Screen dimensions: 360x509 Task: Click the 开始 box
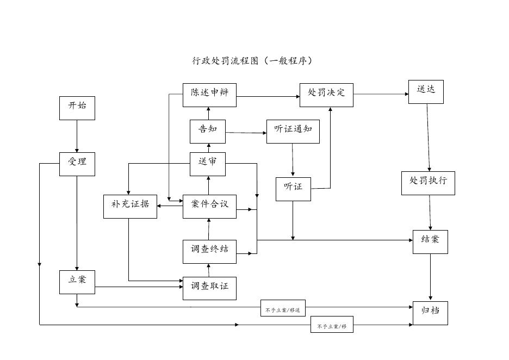click(x=77, y=108)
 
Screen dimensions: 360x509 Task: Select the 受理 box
click(x=77, y=164)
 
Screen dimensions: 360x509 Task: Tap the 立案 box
click(x=77, y=282)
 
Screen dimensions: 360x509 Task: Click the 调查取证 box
click(x=209, y=288)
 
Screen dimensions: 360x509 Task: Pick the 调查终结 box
click(x=209, y=251)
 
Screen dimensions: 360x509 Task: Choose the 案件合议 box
click(x=209, y=206)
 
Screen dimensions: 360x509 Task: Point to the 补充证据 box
click(x=130, y=206)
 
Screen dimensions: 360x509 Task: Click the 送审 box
click(x=207, y=164)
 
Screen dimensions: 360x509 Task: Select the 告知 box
click(x=207, y=131)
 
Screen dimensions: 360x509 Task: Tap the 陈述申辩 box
click(x=209, y=95)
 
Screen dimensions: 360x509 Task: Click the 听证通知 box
click(x=293, y=131)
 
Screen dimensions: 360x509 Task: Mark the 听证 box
click(x=293, y=189)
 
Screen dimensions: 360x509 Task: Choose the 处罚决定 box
click(x=326, y=95)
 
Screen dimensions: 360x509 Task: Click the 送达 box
click(x=426, y=91)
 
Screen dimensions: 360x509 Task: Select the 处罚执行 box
click(x=428, y=183)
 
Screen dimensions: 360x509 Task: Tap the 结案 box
click(x=430, y=241)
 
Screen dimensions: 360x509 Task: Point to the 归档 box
click(x=430, y=313)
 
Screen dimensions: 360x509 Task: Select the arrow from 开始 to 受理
click(x=77, y=136)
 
